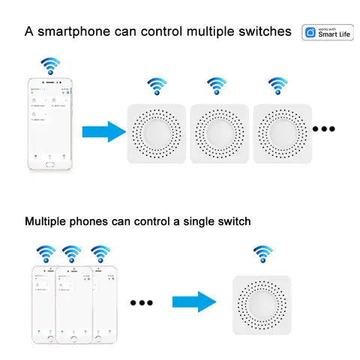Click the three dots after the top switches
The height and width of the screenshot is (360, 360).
pyautogui.click(x=324, y=129)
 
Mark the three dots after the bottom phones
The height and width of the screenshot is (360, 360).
pyautogui.click(x=141, y=303)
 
